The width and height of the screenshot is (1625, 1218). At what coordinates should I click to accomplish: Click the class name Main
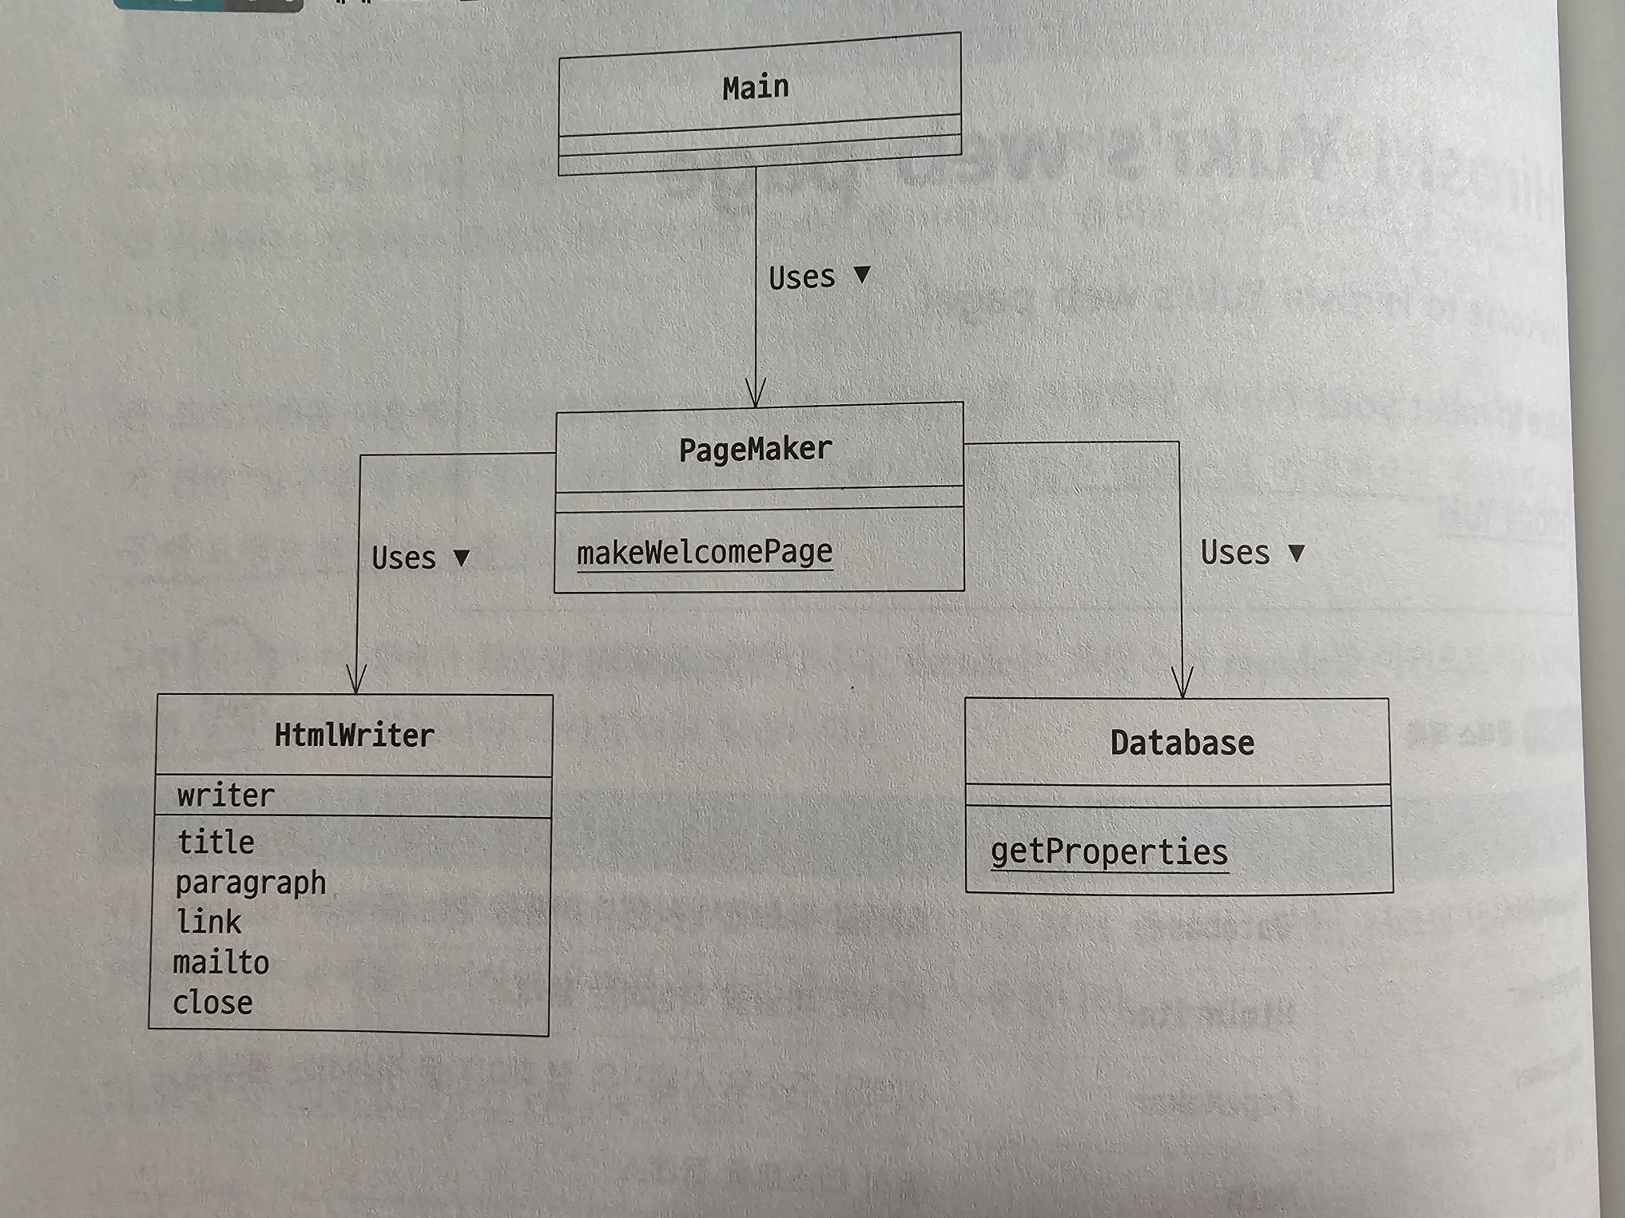pos(755,87)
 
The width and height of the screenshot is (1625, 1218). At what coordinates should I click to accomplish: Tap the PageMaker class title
pos(755,449)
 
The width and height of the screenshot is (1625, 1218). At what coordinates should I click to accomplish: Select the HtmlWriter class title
pos(354,735)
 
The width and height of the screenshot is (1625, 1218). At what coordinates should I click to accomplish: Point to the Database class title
pos(1182,743)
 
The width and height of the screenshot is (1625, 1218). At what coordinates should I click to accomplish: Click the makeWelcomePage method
pos(704,552)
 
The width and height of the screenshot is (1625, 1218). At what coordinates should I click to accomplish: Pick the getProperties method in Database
pos(1109,852)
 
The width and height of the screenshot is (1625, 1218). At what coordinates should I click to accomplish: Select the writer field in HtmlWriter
pos(225,795)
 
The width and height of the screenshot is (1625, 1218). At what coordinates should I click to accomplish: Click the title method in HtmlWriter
pos(216,842)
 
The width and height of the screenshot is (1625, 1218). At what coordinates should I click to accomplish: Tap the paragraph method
pos(250,883)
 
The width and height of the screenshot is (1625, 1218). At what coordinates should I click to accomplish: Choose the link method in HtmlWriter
pos(209,922)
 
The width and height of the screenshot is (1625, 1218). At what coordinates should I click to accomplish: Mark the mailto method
pos(221,962)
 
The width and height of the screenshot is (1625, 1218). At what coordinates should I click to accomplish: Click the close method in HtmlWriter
pos(213,1002)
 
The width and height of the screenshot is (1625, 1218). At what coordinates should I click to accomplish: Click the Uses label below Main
pos(801,277)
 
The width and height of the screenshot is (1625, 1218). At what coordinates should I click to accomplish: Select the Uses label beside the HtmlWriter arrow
pos(403,557)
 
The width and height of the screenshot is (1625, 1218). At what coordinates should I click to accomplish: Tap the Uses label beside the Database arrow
pos(1234,553)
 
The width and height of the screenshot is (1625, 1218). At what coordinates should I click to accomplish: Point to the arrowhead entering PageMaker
pos(756,395)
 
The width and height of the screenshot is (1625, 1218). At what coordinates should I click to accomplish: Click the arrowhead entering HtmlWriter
pos(356,680)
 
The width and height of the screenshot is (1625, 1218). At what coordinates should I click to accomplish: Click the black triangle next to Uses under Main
pos(862,274)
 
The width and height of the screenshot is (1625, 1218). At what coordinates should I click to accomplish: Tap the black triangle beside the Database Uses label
pos(1297,553)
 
